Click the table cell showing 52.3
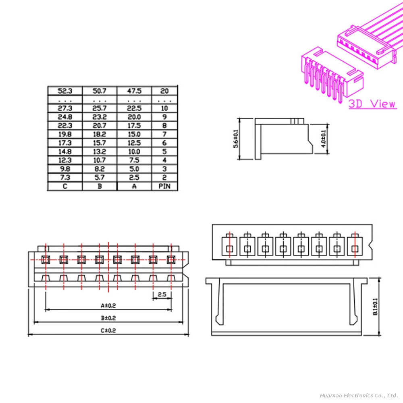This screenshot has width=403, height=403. tap(65, 91)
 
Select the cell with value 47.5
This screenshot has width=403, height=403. tap(134, 91)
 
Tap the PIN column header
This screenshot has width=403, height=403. tap(164, 186)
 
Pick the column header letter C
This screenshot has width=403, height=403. tap(65, 186)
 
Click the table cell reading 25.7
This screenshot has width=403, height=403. tap(100, 108)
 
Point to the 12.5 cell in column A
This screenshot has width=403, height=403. tap(134, 143)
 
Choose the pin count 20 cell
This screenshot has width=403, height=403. tap(164, 91)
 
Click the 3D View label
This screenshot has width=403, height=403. tap(372, 104)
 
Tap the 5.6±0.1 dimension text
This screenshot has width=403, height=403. tap(236, 139)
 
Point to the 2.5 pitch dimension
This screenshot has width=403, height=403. tap(162, 295)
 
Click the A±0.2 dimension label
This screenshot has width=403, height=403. tap(108, 305)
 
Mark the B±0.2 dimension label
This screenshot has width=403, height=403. tap(108, 318)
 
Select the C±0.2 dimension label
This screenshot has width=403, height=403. tap(108, 330)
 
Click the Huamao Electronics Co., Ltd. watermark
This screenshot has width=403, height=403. tap(359, 395)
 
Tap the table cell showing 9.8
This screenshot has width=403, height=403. tap(65, 169)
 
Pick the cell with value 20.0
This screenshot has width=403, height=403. tap(134, 117)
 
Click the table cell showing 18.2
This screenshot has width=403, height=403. tap(100, 134)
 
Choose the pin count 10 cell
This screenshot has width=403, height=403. tap(164, 108)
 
